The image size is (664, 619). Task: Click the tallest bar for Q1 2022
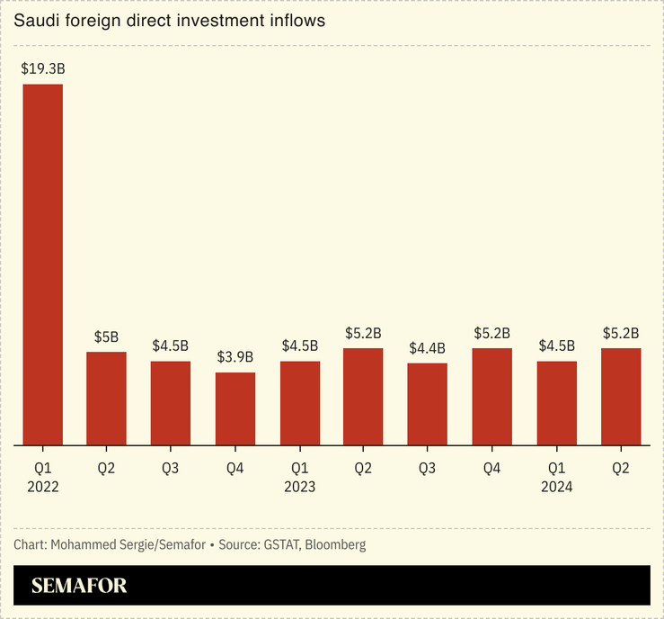pyautogui.click(x=42, y=265)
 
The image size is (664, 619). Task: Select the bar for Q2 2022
pyautogui.click(x=106, y=399)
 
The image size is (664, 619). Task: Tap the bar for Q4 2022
pyautogui.click(x=235, y=408)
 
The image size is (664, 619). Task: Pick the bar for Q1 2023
pyautogui.click(x=299, y=403)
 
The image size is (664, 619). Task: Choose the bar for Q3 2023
pyautogui.click(x=427, y=404)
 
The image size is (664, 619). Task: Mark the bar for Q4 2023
pyautogui.click(x=491, y=397)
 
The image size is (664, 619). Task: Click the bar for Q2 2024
pyautogui.click(x=620, y=397)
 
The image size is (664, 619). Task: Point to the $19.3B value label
pyautogui.click(x=42, y=68)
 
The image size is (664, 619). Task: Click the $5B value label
pyautogui.click(x=106, y=336)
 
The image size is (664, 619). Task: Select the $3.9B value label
pyautogui.click(x=235, y=357)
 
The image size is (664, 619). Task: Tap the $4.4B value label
pyautogui.click(x=427, y=347)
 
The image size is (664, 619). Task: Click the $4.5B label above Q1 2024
pyautogui.click(x=556, y=345)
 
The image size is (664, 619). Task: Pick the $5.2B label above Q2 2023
pyautogui.click(x=363, y=333)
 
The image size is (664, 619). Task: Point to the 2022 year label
pyautogui.click(x=42, y=486)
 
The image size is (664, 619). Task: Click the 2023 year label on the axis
pyautogui.click(x=299, y=486)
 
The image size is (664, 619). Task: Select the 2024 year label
pyautogui.click(x=556, y=486)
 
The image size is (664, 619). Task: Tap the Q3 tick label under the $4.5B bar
pyautogui.click(x=171, y=468)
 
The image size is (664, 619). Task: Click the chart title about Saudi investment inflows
pyautogui.click(x=163, y=19)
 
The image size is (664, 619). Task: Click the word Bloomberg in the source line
pyautogui.click(x=335, y=544)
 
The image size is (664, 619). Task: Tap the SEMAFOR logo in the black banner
pyautogui.click(x=79, y=586)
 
